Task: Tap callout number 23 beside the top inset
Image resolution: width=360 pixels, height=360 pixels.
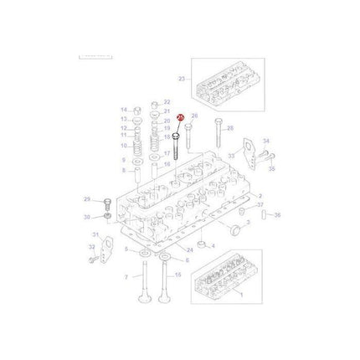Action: [181, 80]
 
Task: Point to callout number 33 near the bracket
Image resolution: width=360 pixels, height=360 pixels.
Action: [231, 155]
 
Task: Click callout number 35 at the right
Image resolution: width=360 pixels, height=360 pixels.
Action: [270, 168]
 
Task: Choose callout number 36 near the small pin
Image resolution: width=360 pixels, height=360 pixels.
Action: [278, 214]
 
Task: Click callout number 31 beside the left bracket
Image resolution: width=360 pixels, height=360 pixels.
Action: [95, 234]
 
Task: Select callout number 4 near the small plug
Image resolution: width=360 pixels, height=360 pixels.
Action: [212, 245]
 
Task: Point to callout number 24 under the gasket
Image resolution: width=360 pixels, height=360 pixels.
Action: [190, 249]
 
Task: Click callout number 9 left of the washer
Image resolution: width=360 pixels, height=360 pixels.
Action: [124, 158]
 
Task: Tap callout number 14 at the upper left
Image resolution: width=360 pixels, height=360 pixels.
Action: [124, 111]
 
